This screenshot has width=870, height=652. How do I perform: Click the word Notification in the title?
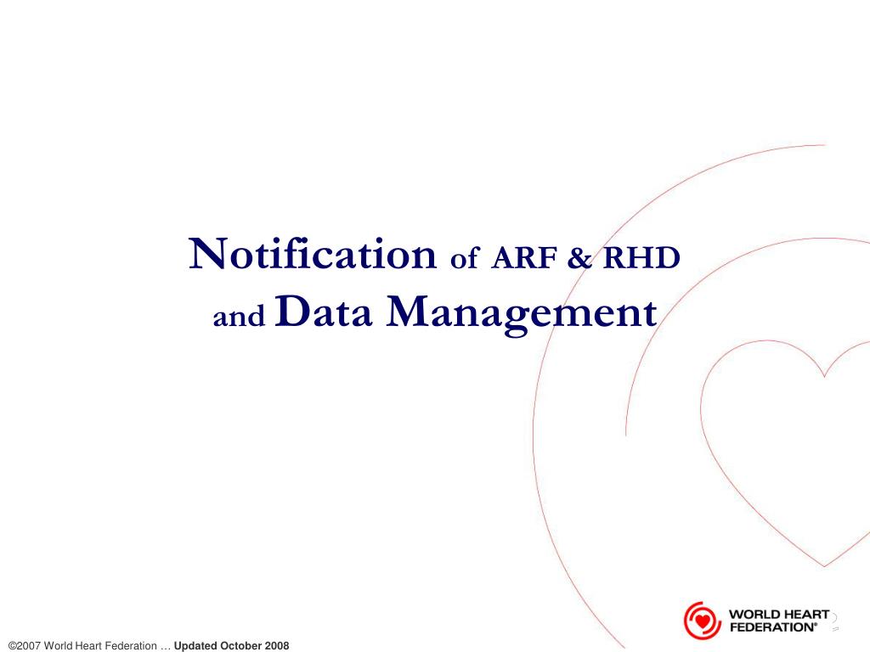click(312, 254)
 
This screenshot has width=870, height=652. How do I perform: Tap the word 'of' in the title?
click(464, 258)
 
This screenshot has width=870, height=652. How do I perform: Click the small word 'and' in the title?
click(239, 318)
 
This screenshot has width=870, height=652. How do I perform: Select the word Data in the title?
click(325, 312)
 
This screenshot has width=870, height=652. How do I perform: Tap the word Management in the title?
click(522, 312)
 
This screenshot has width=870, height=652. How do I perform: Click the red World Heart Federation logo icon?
click(702, 620)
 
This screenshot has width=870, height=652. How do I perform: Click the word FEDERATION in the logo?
click(772, 627)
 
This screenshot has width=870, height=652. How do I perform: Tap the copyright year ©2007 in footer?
click(24, 646)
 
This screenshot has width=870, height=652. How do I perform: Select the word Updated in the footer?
click(195, 646)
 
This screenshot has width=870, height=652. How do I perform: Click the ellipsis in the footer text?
click(166, 646)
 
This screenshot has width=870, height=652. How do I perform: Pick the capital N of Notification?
click(206, 254)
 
